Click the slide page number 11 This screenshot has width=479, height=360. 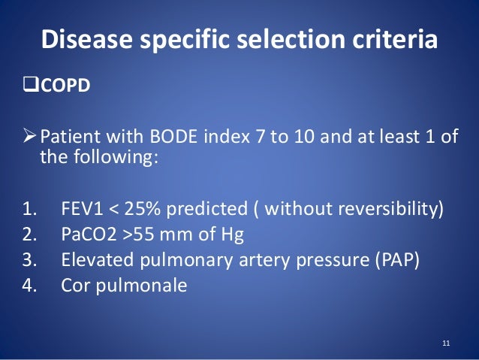[446, 344]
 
